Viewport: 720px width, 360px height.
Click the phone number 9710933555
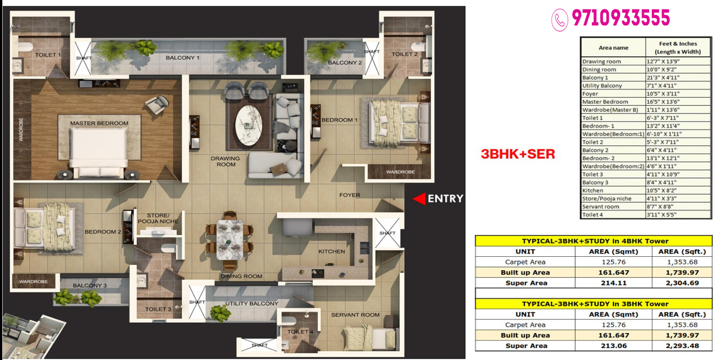point(621,18)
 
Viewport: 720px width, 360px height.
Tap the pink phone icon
point(559,20)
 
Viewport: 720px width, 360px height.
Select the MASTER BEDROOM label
point(99,123)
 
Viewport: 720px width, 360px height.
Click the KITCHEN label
point(331,251)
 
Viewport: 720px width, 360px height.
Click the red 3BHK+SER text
point(518,154)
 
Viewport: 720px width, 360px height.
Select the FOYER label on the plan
point(349,195)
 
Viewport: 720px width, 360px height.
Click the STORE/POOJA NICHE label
point(158,218)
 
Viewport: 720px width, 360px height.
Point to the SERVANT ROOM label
point(355,315)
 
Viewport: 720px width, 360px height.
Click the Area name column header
point(613,48)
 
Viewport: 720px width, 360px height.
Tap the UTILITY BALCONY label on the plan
point(251,304)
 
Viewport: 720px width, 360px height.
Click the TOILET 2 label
point(404,54)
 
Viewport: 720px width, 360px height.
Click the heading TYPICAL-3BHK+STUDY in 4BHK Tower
point(594,241)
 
